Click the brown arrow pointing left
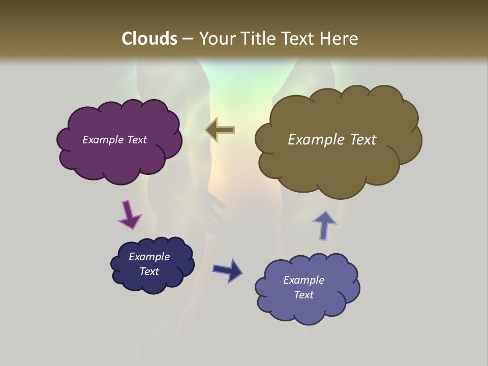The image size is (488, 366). click(220, 130)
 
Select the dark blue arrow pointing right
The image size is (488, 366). click(227, 270)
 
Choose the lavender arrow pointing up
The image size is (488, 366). click(324, 225)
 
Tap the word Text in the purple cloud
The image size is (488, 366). click(136, 140)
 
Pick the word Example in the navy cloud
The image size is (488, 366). click(149, 257)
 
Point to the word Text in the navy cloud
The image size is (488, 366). click(149, 271)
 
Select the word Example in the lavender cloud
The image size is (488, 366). click(303, 280)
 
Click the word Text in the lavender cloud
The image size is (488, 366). click(303, 295)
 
